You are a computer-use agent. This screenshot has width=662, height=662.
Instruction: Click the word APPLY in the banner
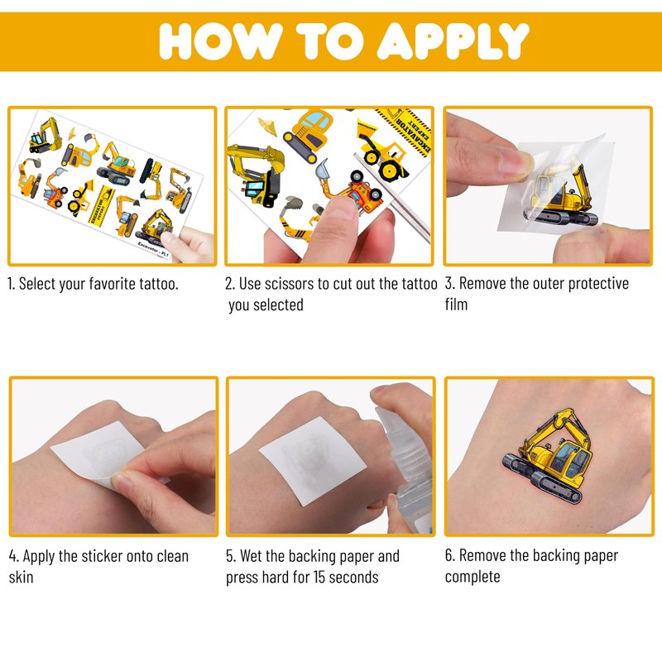tap(453, 41)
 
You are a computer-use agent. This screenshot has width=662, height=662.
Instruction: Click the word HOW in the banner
tap(221, 41)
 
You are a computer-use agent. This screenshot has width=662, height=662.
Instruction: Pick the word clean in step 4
tap(173, 556)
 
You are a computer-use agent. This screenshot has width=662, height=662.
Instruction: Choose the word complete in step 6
tap(473, 577)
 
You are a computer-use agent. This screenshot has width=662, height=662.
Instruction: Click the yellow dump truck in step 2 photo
tap(381, 150)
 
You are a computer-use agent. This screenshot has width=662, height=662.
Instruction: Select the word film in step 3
tap(456, 305)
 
